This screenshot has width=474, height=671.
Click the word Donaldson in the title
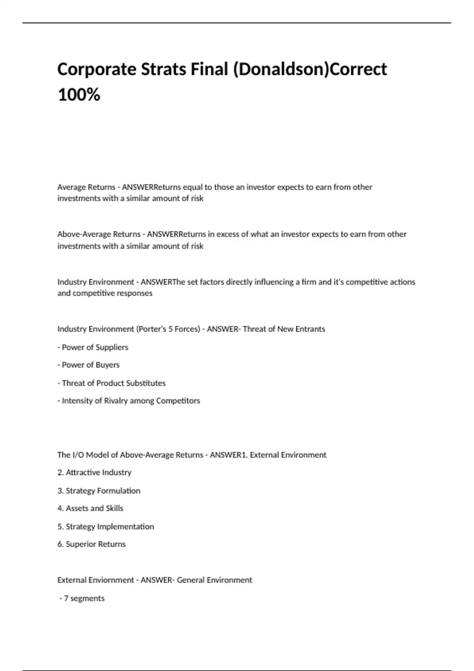tap(281, 69)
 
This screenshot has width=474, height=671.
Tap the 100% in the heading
tap(79, 95)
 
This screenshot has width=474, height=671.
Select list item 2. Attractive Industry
tap(94, 472)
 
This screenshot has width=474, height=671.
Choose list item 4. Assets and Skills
tap(90, 508)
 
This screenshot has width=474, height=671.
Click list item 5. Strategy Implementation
tap(105, 527)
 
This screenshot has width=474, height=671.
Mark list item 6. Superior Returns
tap(92, 544)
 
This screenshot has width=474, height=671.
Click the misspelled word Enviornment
tap(112, 580)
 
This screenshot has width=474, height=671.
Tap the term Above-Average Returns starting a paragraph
tap(99, 234)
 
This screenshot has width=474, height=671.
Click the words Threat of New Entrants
tap(284, 329)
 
